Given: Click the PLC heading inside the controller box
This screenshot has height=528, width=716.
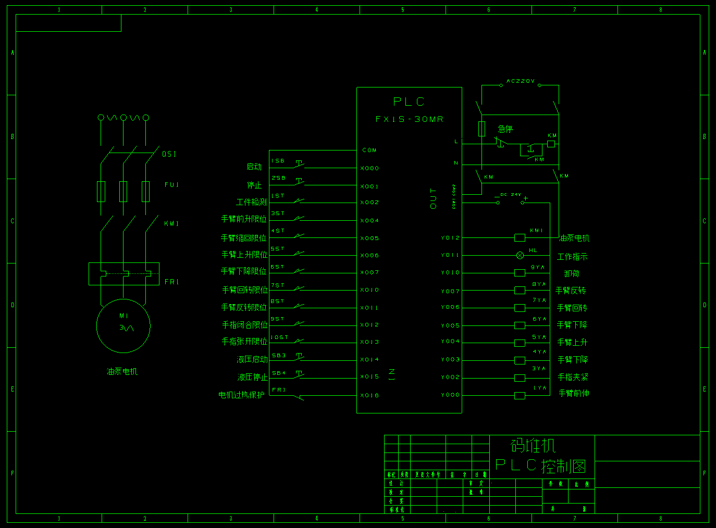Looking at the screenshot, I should click(409, 102).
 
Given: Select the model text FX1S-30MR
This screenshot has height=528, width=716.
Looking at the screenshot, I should click(409, 119).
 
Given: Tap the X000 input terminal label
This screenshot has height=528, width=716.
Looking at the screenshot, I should click(369, 168).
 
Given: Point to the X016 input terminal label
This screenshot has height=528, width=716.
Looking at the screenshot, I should click(369, 395).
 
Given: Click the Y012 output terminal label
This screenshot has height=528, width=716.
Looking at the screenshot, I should click(450, 238).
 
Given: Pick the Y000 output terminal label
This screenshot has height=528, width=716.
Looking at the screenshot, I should click(450, 395).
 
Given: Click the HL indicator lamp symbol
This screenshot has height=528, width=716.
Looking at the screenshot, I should click(520, 255).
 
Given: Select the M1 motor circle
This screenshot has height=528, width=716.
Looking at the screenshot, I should click(124, 326).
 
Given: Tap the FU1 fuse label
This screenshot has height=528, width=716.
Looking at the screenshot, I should click(171, 185).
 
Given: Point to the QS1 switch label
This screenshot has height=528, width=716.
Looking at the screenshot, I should click(169, 154).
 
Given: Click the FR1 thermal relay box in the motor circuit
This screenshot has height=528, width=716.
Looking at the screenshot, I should click(124, 274).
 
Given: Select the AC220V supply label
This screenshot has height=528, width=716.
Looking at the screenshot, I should click(520, 81).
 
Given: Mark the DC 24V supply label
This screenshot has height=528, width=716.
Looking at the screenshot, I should click(511, 195).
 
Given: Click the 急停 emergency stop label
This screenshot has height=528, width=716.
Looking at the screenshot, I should click(505, 129).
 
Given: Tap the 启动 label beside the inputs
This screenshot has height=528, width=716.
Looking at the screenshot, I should click(254, 167).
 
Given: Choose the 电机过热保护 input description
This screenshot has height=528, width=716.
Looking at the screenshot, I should click(241, 395).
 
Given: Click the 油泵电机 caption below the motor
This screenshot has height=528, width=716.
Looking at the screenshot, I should click(122, 371).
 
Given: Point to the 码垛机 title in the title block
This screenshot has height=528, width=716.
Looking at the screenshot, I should click(533, 445).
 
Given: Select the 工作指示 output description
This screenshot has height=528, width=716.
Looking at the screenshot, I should click(572, 257).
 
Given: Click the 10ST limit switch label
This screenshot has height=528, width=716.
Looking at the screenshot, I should click(279, 337).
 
